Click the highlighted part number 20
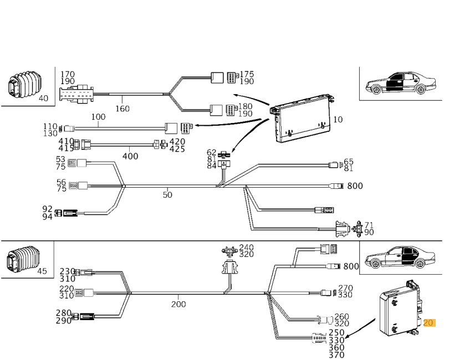pyautogui.click(x=430, y=323)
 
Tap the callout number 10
pyautogui.click(x=338, y=120)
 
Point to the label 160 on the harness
pyautogui.click(x=122, y=109)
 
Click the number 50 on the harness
pyautogui.click(x=167, y=194)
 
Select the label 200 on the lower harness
pyautogui.click(x=178, y=304)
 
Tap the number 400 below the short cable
pyautogui.click(x=130, y=156)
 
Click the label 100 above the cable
pyautogui.click(x=98, y=117)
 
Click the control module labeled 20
pyautogui.click(x=398, y=308)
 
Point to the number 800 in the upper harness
pyautogui.click(x=355, y=186)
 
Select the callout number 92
pyautogui.click(x=48, y=209)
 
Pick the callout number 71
pyautogui.click(x=369, y=225)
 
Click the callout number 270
pyautogui.click(x=345, y=288)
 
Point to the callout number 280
pyautogui.click(x=63, y=313)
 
